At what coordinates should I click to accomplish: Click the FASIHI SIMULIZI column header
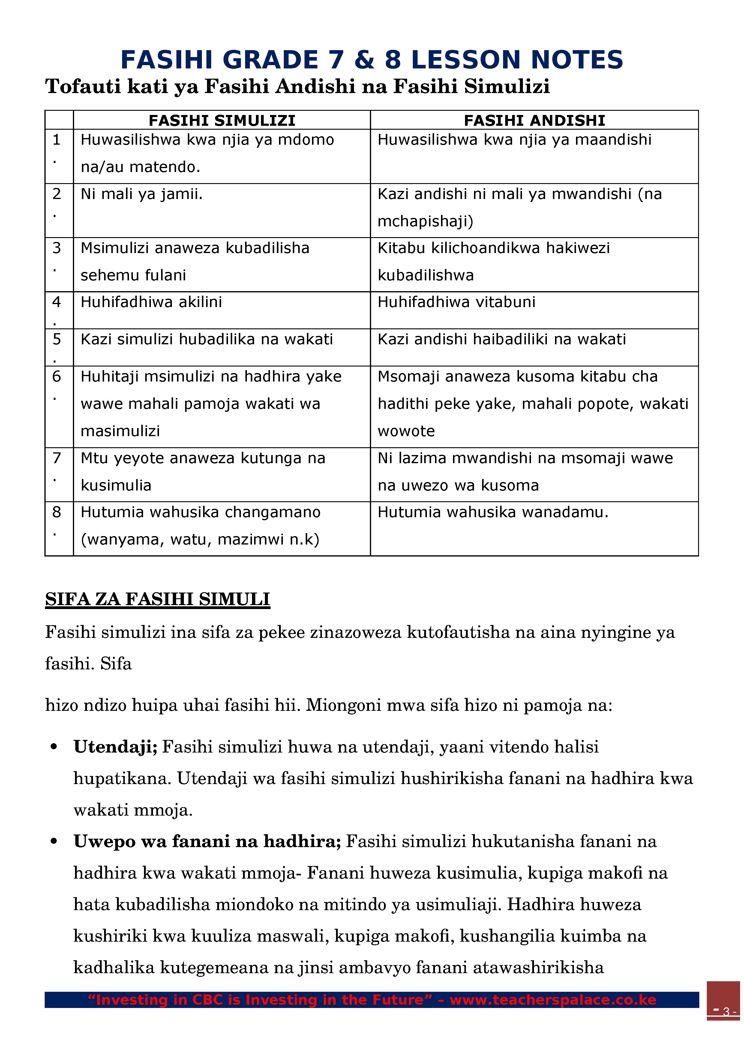coord(222,120)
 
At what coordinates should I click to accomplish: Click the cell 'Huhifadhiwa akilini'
coord(151,302)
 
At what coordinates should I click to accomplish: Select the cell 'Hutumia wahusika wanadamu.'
coord(493,512)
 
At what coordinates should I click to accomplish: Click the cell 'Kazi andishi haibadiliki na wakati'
coord(502,339)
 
